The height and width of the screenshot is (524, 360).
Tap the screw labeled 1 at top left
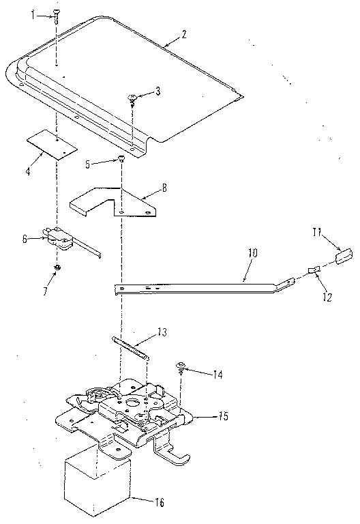56,16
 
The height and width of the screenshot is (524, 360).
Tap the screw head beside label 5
121,159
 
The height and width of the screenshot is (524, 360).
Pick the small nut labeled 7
57,266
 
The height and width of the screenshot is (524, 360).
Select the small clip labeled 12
314,271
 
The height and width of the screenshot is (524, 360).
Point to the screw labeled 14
182,368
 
